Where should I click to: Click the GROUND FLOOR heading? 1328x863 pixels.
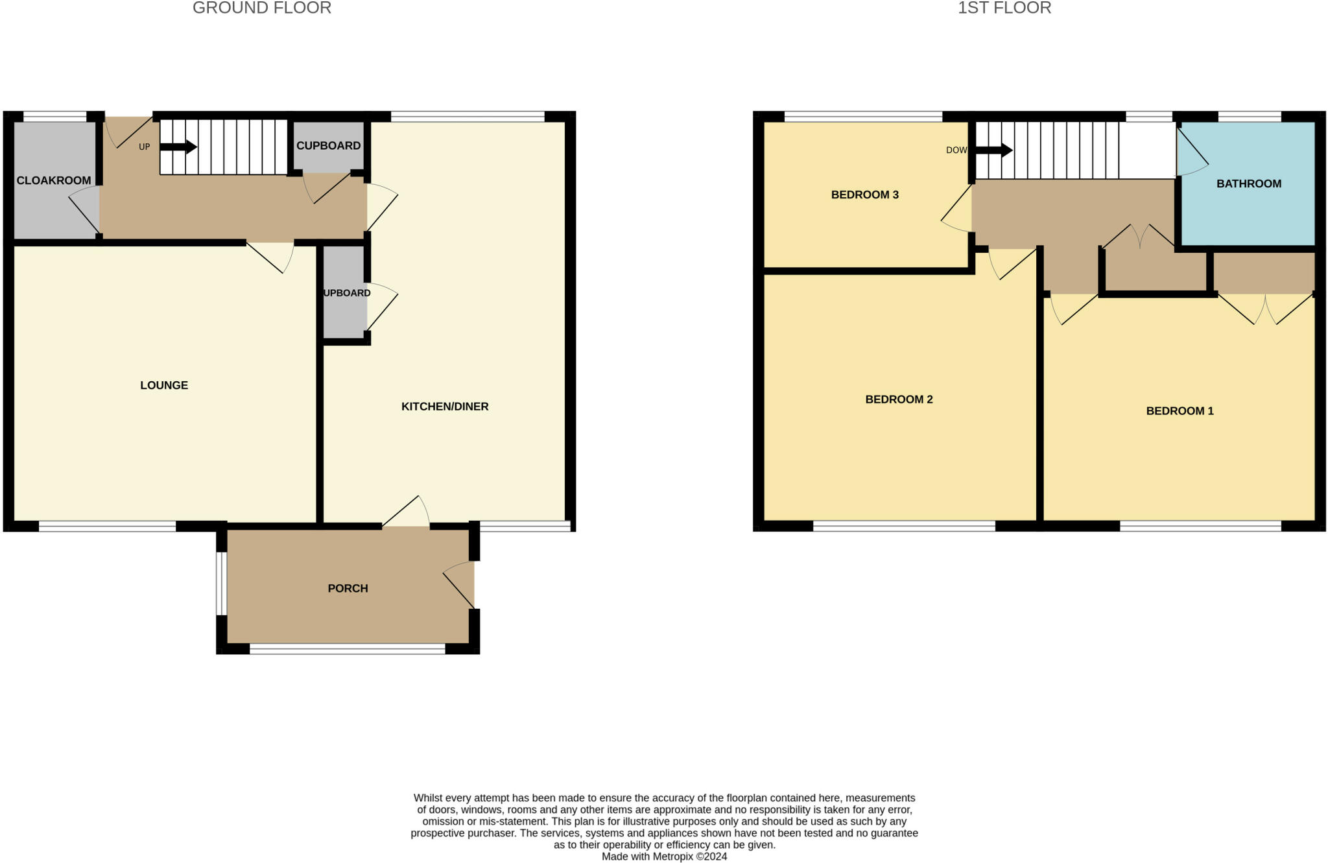tap(262, 8)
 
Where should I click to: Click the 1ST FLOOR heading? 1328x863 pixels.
tap(1004, 8)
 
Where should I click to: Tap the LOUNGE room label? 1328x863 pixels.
tap(164, 385)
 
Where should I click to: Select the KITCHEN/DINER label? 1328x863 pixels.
tap(445, 407)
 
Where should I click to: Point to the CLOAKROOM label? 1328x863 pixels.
tap(54, 180)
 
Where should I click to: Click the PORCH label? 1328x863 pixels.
tap(348, 589)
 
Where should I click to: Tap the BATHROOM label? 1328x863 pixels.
tap(1249, 184)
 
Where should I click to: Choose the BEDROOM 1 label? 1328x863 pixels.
tap(1180, 411)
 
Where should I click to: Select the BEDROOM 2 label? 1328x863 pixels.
tap(899, 399)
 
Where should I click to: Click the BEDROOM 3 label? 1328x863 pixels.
tap(865, 195)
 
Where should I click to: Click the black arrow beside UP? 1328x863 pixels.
tap(178, 147)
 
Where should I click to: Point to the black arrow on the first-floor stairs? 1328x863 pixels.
tap(993, 150)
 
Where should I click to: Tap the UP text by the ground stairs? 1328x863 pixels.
tap(144, 147)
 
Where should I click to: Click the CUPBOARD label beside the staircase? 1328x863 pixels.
tap(329, 146)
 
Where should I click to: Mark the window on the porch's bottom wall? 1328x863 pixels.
tap(348, 648)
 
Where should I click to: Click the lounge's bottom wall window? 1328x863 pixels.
tap(108, 526)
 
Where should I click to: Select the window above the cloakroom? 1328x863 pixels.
tap(55, 117)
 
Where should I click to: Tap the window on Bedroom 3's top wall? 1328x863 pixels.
tap(863, 117)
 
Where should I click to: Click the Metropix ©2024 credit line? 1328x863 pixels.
tap(664, 857)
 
